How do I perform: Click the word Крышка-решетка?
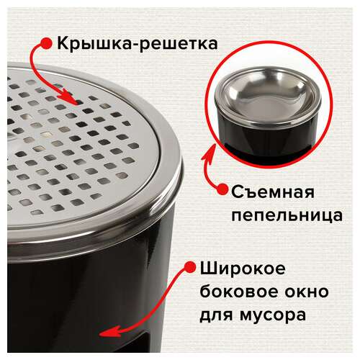click(138, 44)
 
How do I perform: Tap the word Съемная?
click(273, 192)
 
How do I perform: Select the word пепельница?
click(287, 215)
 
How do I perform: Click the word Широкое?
click(243, 269)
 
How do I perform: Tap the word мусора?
click(273, 315)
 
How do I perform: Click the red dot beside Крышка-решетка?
click(46, 43)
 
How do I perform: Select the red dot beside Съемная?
click(222, 189)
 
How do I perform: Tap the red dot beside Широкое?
click(190, 267)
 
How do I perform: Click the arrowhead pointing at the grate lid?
click(71, 97)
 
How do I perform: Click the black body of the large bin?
click(72, 300)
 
